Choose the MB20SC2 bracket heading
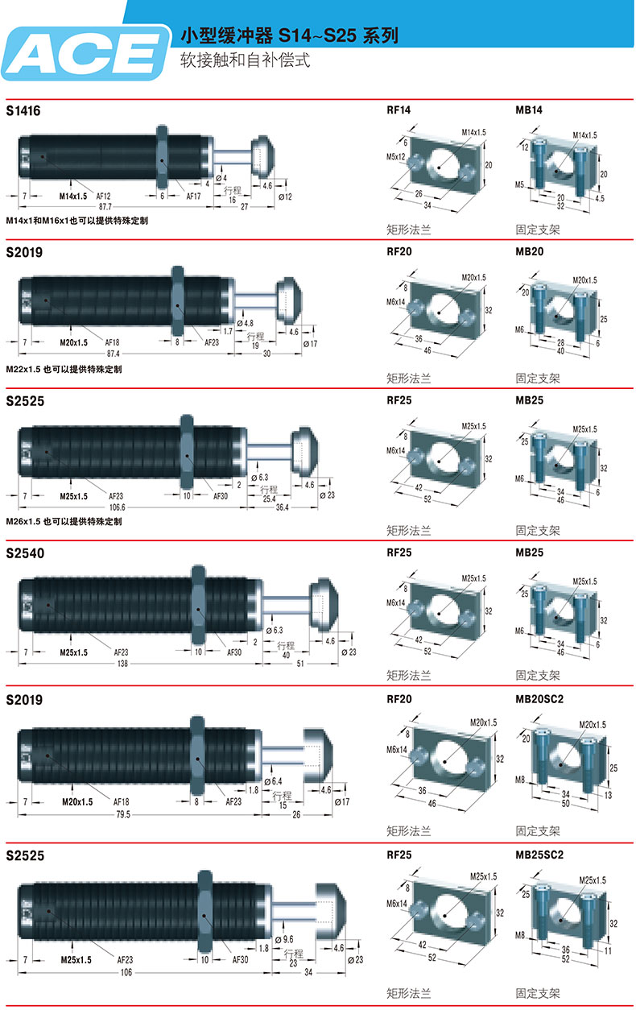tap(539, 698)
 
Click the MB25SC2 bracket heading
tap(539, 855)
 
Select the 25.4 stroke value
tap(268, 498)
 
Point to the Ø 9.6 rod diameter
tap(287, 939)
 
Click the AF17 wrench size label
tap(194, 196)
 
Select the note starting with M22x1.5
tap(64, 369)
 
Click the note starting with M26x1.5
tap(64, 521)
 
